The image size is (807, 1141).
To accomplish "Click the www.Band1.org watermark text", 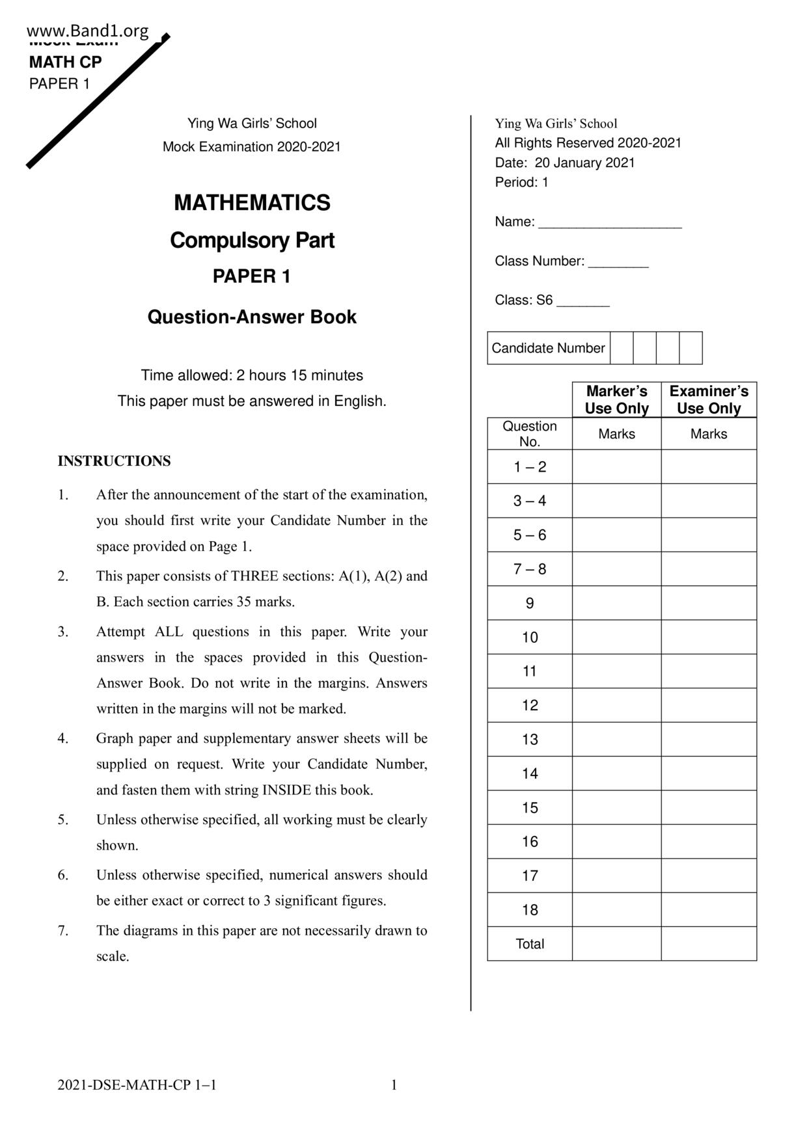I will coord(88,31).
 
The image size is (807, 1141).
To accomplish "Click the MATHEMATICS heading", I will coord(252,203).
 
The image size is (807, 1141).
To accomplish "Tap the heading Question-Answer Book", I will coord(252,317).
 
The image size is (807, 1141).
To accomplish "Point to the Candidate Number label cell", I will coord(548,348).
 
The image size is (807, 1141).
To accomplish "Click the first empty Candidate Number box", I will coord(622,348).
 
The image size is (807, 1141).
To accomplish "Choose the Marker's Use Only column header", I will coord(616,399).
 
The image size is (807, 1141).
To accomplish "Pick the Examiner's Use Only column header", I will coord(709,399).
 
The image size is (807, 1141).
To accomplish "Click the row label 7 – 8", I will coord(530,569).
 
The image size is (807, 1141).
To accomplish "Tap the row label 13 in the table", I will coord(530,740).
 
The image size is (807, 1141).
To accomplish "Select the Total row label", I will coord(530,944).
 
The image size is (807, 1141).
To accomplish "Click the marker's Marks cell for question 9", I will coord(616,603).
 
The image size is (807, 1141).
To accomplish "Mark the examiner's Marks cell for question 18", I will coord(709,909).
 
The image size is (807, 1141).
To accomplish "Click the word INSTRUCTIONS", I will coord(114,461).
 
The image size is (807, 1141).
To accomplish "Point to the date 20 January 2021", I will coord(584,163).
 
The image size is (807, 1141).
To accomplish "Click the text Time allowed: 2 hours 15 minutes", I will coord(252,375).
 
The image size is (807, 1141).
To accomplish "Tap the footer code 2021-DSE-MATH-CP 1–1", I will coord(137,1085).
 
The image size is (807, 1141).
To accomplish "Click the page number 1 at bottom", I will coord(394,1085).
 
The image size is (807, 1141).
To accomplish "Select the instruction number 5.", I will coord(62,820).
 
